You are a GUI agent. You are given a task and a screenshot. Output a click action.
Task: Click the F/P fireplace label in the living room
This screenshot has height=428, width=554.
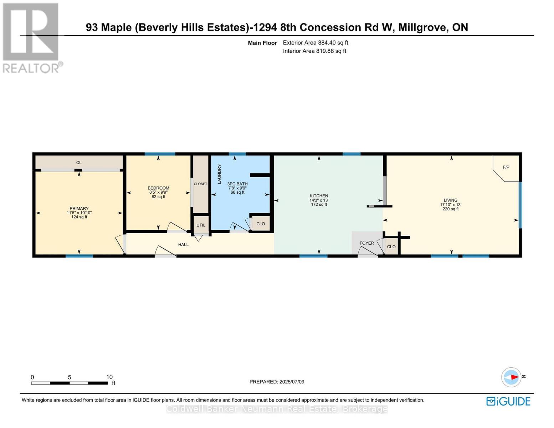click(506, 167)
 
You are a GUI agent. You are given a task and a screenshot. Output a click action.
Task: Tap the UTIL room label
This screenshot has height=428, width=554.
click(201, 225)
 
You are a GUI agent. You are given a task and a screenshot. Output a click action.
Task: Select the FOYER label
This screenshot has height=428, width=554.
click(366, 243)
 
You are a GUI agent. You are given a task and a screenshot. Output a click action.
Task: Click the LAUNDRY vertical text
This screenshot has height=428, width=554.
click(219, 174)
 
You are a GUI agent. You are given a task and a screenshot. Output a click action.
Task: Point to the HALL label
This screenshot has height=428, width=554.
click(183, 244)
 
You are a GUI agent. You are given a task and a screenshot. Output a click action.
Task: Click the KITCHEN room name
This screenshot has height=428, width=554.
click(319, 196)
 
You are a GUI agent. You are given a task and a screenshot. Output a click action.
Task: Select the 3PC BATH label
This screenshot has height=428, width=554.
click(237, 184)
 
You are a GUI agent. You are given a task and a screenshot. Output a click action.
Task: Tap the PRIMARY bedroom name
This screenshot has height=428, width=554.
click(79, 209)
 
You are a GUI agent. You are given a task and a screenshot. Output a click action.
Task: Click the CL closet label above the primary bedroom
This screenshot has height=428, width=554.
click(79, 163)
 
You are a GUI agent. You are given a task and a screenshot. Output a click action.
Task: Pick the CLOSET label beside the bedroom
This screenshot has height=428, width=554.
click(200, 184)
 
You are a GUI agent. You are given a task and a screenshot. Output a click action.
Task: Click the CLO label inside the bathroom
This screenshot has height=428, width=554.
click(261, 224)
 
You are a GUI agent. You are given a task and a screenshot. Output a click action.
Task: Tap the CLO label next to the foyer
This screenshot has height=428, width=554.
click(391, 247)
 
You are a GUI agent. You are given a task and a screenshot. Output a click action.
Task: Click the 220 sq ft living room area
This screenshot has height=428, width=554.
click(451, 209)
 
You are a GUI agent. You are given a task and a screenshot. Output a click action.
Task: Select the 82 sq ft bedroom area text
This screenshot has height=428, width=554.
click(158, 197)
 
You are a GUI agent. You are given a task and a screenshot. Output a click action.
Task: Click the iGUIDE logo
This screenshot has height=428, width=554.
click(508, 401)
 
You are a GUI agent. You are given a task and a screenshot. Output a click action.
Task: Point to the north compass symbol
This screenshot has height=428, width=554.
click(511, 377)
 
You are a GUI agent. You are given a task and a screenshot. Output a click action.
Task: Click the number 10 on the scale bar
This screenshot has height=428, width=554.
click(109, 377)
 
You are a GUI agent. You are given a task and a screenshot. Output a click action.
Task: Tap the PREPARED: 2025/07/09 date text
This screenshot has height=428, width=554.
click(277, 382)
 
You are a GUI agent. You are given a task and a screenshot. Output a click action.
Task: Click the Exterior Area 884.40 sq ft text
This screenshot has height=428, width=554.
click(315, 43)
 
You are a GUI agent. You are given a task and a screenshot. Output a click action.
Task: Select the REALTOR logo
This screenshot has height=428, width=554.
click(31, 37)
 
